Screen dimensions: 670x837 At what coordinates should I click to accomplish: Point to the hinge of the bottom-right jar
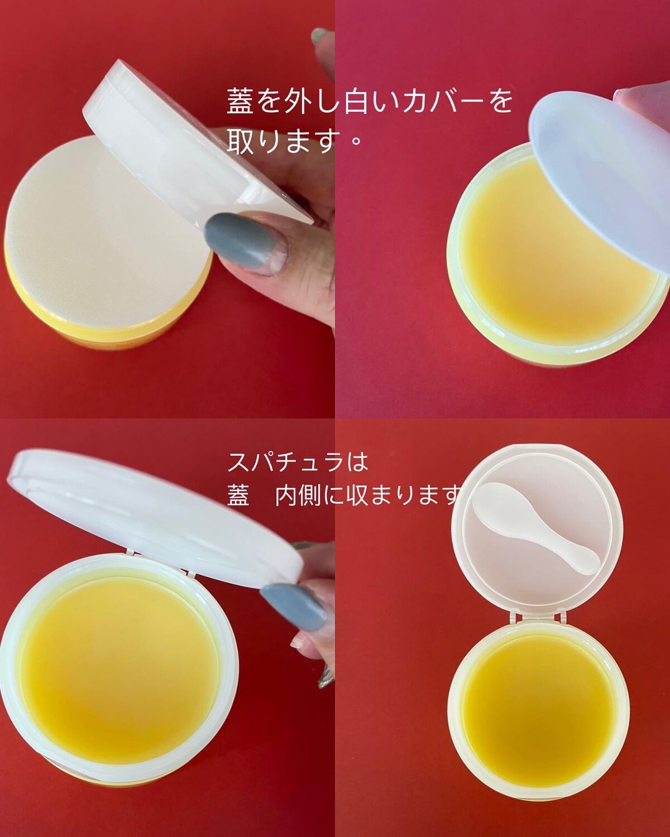[537, 617]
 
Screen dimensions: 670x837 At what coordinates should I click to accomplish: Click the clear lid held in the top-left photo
[195, 144]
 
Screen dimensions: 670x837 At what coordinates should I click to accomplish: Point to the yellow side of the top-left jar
[105, 330]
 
